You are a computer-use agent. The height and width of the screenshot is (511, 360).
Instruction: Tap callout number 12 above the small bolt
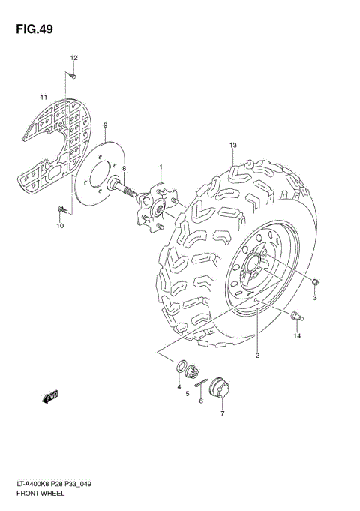(x=73, y=58)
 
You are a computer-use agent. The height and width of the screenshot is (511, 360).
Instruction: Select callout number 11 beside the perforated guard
(x=43, y=97)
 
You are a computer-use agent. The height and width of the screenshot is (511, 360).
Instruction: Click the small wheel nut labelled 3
(x=316, y=281)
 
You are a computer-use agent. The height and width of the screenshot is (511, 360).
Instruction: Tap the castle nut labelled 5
(x=192, y=371)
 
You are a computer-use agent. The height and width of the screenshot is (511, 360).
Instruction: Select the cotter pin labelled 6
(x=200, y=384)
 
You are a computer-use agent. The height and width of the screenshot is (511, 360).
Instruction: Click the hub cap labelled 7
(x=220, y=389)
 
